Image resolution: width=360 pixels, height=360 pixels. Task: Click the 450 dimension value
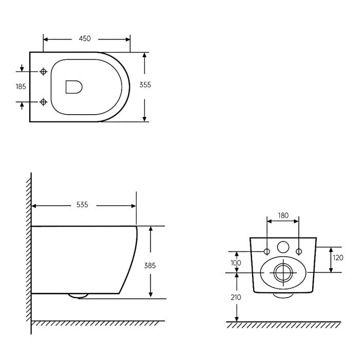(85, 39)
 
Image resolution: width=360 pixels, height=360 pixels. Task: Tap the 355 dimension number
(145, 85)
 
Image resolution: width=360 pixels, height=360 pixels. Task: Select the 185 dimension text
(21, 86)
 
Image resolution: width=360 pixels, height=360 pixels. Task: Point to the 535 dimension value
(82, 205)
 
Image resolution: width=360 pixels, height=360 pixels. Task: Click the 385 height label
(150, 266)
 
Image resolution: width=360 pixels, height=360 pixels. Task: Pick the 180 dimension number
(283, 215)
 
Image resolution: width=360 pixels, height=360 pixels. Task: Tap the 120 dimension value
(338, 258)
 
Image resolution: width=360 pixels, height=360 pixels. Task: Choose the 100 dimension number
(236, 263)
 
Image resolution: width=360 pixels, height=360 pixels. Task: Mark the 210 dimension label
(236, 298)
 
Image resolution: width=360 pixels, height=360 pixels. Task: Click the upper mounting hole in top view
(43, 71)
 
